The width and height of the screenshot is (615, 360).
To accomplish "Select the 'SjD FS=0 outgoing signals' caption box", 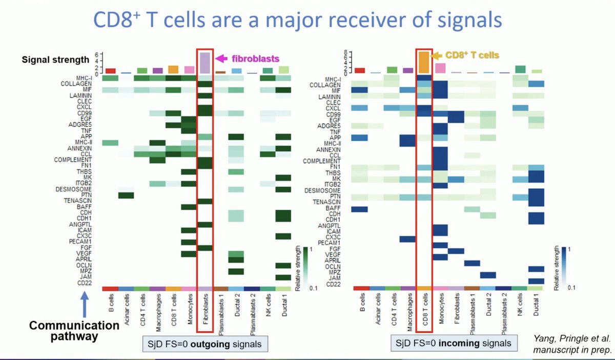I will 206,344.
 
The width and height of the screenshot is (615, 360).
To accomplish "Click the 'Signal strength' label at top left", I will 55,59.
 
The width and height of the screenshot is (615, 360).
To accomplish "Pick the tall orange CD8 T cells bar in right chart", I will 424,62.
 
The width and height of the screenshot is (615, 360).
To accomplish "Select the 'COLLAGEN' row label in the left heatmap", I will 77,84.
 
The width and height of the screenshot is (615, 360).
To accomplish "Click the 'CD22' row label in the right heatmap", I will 333,285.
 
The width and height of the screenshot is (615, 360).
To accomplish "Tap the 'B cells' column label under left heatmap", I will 110,305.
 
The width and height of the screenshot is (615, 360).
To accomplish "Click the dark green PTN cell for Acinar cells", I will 126,195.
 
